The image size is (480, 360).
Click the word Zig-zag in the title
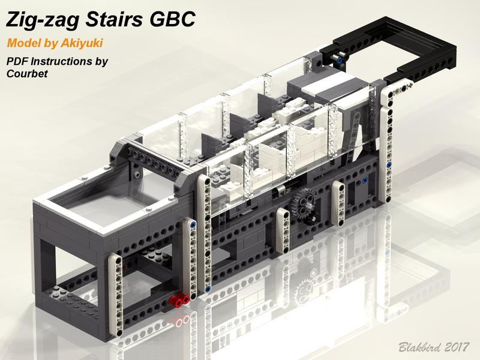tap(43, 20)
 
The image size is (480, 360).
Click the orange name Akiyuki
tap(82, 43)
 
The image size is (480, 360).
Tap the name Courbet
tap(27, 73)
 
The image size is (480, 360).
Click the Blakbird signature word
tap(419, 347)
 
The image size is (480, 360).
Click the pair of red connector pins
tap(179, 299)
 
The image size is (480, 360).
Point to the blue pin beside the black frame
tap(338, 59)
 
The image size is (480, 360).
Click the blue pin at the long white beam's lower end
tap(208, 288)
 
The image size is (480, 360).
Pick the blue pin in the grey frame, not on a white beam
tap(364, 181)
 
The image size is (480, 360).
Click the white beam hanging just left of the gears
tap(283, 230)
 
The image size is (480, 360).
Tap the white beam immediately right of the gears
tap(338, 203)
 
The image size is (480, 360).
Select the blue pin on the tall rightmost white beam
tap(389, 166)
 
